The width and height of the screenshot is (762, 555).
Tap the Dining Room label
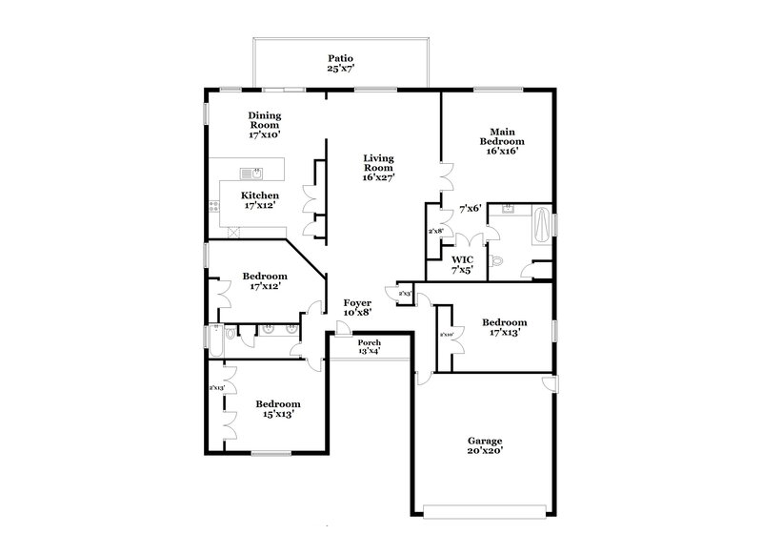(265, 125)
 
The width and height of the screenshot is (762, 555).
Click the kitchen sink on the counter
(251, 174)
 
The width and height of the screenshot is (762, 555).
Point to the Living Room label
(378, 168)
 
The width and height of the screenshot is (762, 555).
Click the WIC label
(462, 264)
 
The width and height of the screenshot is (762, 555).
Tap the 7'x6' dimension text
(470, 208)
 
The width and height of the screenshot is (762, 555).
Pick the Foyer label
(357, 306)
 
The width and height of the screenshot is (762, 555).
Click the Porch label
(369, 347)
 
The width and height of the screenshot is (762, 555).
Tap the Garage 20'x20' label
(485, 445)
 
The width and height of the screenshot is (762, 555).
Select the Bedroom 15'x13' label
(279, 409)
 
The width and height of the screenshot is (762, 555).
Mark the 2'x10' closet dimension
(446, 335)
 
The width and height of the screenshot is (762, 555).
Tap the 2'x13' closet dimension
(216, 387)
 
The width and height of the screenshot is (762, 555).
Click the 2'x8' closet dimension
(434, 231)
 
